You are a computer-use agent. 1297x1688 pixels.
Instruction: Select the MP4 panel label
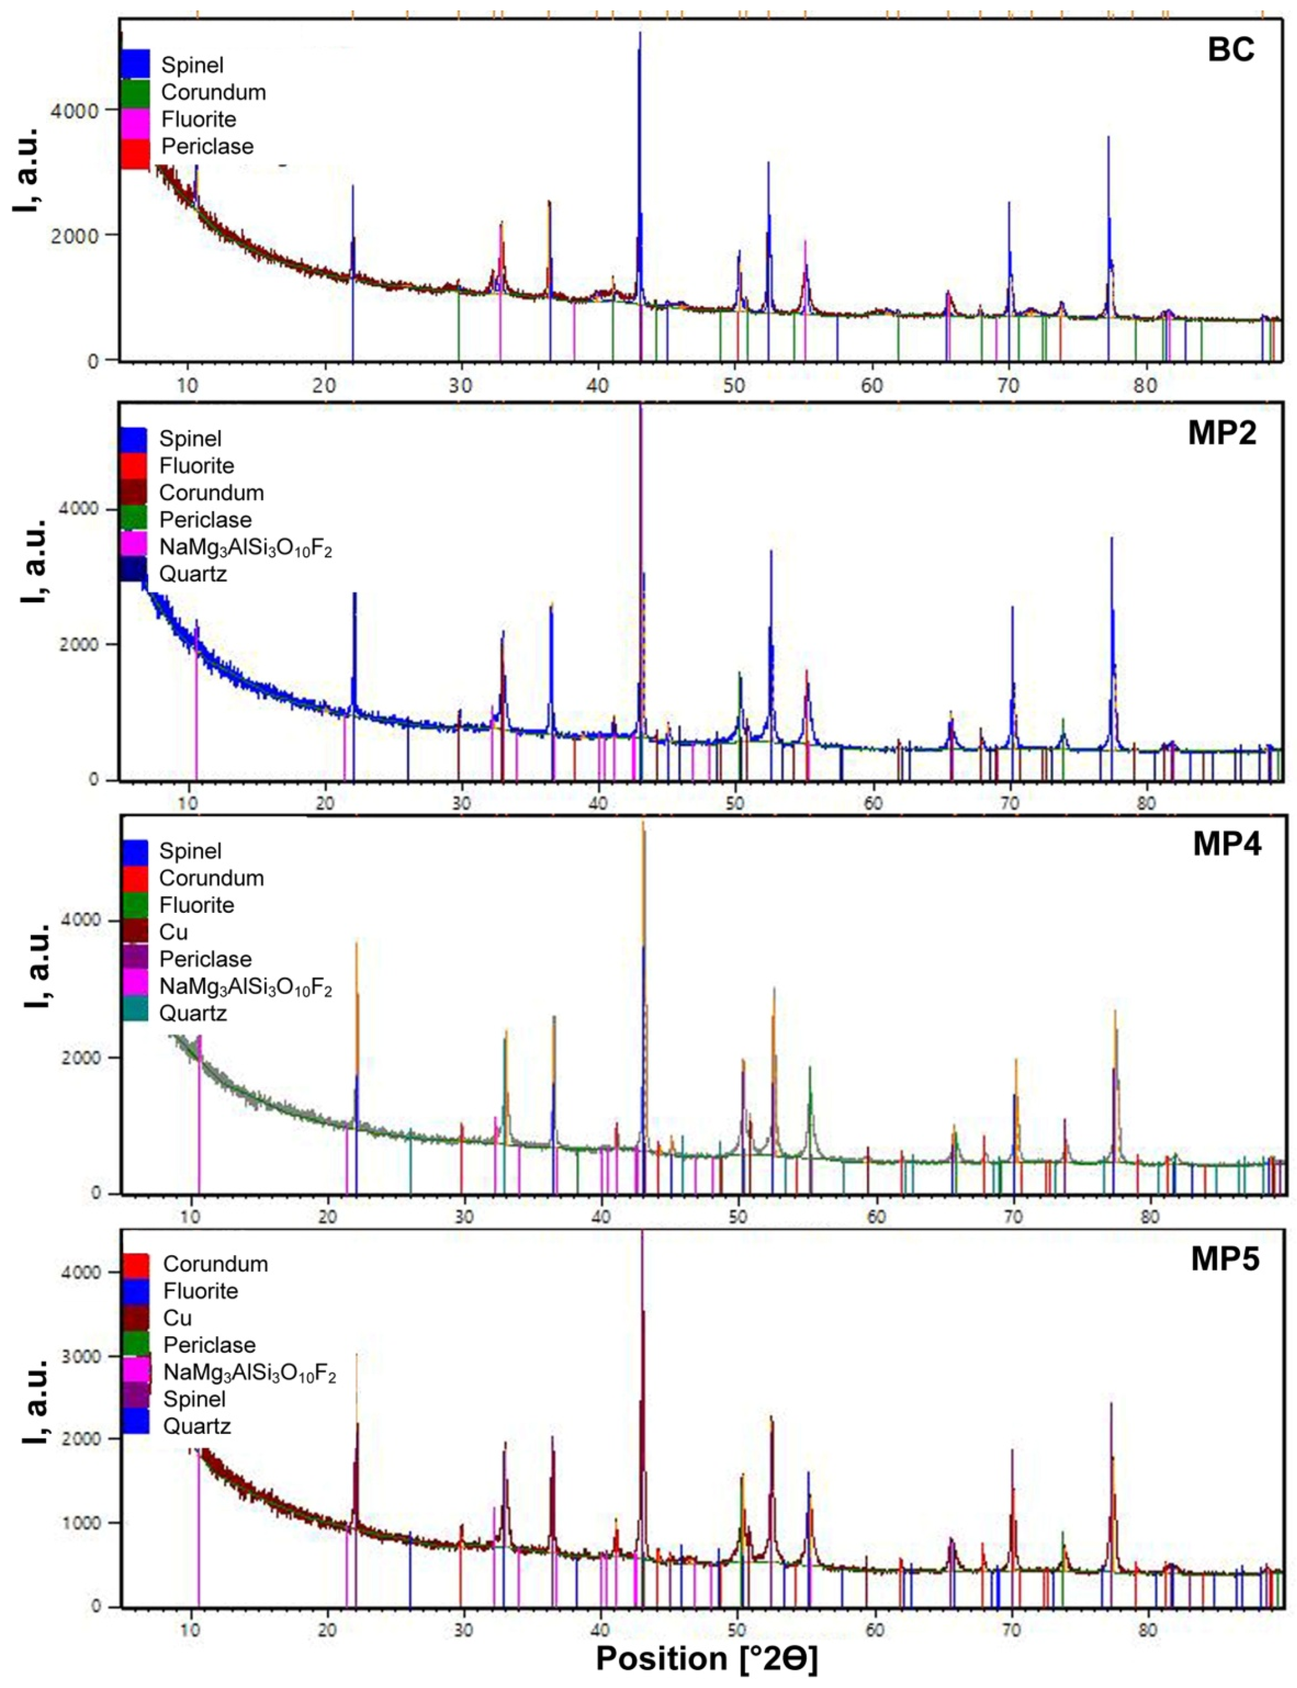coord(1227,844)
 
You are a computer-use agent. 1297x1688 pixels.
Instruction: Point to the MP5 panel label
coord(1225,1259)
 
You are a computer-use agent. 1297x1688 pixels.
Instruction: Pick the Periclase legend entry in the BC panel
coord(207,146)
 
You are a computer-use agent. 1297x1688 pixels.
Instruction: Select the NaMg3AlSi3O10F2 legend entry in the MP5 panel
coord(249,1372)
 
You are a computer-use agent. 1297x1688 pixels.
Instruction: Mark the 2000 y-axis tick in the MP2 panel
coord(80,644)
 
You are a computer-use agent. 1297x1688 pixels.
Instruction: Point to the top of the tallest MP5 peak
coord(643,1233)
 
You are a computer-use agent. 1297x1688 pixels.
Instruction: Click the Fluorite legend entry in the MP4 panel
coord(196,904)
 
